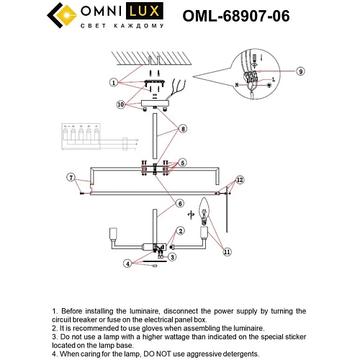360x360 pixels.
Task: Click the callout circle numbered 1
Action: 114,83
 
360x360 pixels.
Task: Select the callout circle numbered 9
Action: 301,71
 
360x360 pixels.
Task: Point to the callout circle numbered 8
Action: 184,130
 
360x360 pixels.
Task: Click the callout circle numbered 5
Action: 183,163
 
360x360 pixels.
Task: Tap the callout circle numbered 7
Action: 71,177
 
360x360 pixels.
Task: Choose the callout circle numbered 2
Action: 181,230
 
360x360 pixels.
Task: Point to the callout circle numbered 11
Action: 228,252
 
